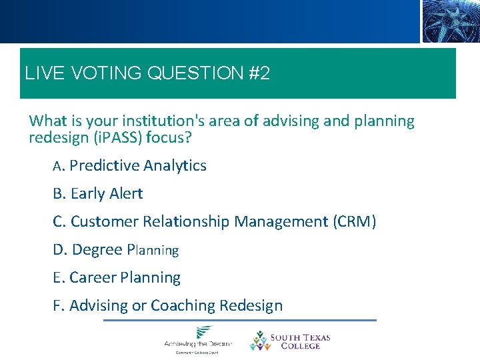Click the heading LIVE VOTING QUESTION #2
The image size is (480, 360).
[x=147, y=73]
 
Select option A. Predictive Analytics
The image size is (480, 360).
[x=130, y=166]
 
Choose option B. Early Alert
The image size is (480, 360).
[x=98, y=194]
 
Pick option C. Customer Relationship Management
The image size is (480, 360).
[x=215, y=222]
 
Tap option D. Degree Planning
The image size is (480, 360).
[x=116, y=250]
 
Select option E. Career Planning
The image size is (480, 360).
[x=117, y=278]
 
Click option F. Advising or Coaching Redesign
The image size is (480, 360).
[x=167, y=306]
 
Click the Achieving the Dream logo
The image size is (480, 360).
[x=198, y=339]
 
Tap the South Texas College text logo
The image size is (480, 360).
[x=304, y=341]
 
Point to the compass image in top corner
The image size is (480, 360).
[x=450, y=21]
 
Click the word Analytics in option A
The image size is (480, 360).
[x=175, y=166]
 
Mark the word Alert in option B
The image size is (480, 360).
[x=126, y=194]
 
